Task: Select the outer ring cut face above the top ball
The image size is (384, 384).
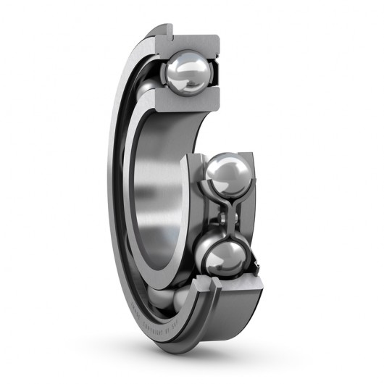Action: click(x=192, y=41)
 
